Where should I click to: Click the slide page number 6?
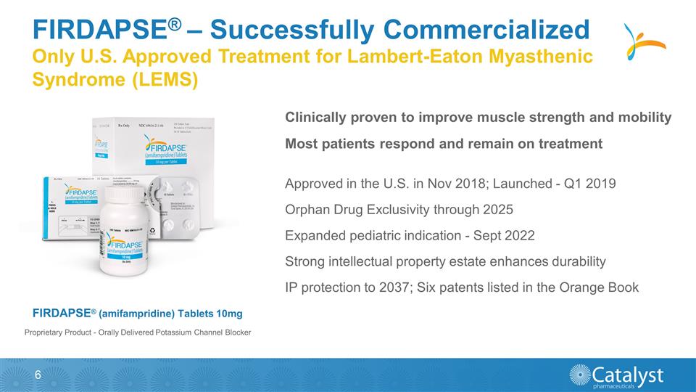pos(37,375)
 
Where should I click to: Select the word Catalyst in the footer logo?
pos(628,373)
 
